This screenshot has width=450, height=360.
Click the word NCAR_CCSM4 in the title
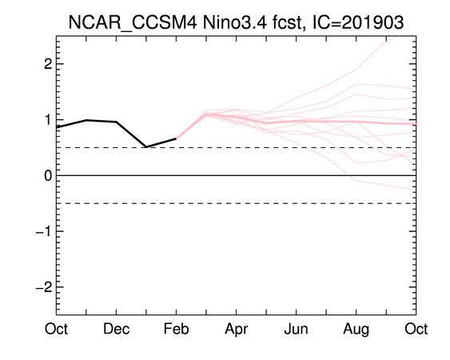coord(133,22)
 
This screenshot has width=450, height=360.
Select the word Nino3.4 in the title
coord(234,22)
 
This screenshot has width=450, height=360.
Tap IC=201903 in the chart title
coord(358,22)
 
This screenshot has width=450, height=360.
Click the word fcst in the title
coord(288,22)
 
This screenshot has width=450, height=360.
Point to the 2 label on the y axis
coord(48,64)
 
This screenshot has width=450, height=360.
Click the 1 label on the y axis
coord(48,119)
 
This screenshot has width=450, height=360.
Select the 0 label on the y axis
coord(48,175)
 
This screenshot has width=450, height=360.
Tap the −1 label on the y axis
coord(44,231)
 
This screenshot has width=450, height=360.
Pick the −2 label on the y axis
coord(44,286)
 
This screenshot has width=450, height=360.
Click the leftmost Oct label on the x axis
coord(56,329)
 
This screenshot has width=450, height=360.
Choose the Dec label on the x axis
coord(116,329)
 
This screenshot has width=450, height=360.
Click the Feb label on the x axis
coord(176,329)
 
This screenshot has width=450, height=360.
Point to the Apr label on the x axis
coord(237,330)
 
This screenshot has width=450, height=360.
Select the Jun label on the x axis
coord(297,329)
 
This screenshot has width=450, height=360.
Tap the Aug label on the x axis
coord(356,330)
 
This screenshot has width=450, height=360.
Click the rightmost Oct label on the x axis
coord(416,329)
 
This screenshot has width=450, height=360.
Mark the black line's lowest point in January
coord(146,147)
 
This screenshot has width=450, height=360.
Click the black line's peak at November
coord(86,120)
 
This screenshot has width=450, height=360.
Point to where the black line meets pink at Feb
coord(176,138)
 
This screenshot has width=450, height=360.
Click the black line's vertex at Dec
coord(116,122)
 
